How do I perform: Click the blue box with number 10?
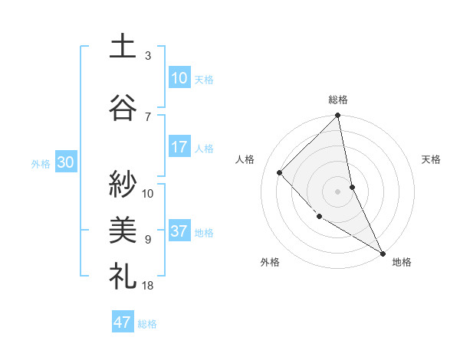[x=179, y=77]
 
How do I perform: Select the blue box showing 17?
[x=179, y=146]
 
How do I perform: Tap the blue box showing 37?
[x=179, y=231]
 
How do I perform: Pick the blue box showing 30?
[x=65, y=162]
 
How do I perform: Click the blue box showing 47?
[x=123, y=322]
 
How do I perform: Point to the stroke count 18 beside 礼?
[x=148, y=285]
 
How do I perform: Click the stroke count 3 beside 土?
[x=148, y=55]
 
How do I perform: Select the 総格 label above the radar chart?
[x=337, y=100]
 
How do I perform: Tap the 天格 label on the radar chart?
[x=431, y=159]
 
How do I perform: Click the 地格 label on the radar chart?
[x=402, y=262]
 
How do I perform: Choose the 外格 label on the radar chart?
[x=270, y=262]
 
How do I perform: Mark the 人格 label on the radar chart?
[x=245, y=159]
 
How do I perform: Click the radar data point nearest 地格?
[x=382, y=252]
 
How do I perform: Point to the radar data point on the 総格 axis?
[x=337, y=116]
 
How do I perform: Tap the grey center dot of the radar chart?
[x=337, y=191]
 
